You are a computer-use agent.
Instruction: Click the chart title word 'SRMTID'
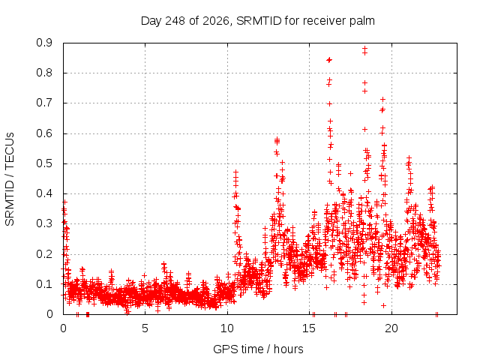click(x=259, y=21)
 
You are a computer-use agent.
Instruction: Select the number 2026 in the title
click(x=216, y=21)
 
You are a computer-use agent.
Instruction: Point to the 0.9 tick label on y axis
click(x=44, y=43)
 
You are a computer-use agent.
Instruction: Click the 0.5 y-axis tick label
click(x=44, y=163)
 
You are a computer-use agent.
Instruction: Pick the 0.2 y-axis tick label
click(x=44, y=254)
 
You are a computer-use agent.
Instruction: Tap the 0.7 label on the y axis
click(x=44, y=103)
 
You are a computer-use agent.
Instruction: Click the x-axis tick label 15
click(x=309, y=328)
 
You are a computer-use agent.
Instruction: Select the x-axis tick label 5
click(x=145, y=328)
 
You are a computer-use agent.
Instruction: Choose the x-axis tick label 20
click(x=391, y=328)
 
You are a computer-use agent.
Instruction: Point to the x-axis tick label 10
click(x=227, y=328)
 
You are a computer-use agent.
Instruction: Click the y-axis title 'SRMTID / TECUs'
click(x=10, y=179)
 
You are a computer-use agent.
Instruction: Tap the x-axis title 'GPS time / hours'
click(x=258, y=349)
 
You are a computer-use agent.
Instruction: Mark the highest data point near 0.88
click(x=364, y=48)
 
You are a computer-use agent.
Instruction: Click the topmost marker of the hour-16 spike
click(x=329, y=60)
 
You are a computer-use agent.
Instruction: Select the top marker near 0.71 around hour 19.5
click(x=382, y=100)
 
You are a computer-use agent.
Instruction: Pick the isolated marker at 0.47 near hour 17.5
click(x=351, y=173)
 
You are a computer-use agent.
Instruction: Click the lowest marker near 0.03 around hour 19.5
click(x=383, y=305)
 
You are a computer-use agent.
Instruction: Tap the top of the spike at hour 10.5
click(x=235, y=172)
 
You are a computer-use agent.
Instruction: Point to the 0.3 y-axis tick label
click(x=44, y=223)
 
